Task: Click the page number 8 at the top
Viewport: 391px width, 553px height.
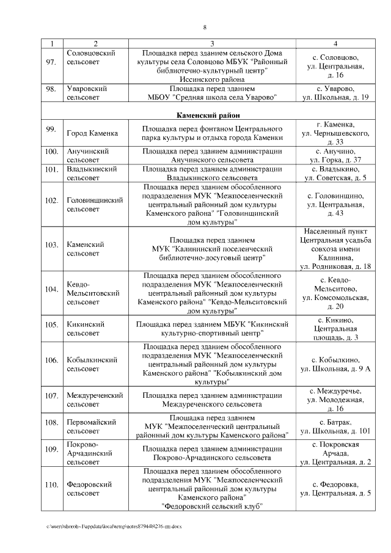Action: point(205,27)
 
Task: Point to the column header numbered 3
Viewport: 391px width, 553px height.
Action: point(211,43)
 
